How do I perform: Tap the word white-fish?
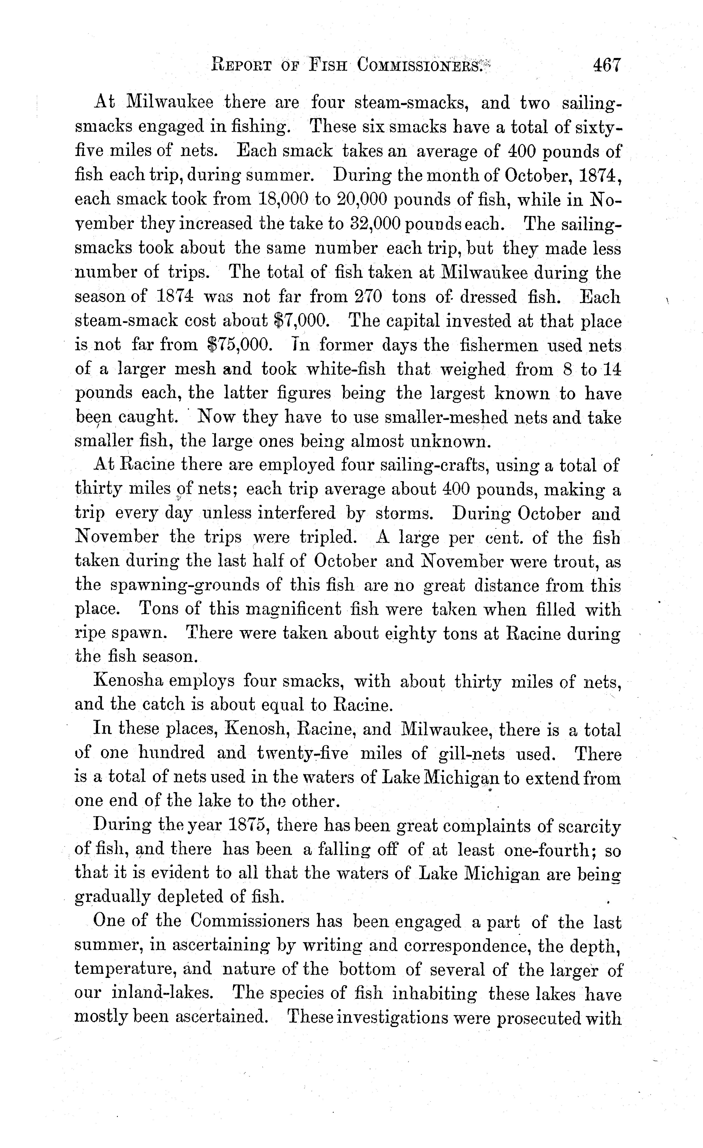[x=346, y=369]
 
